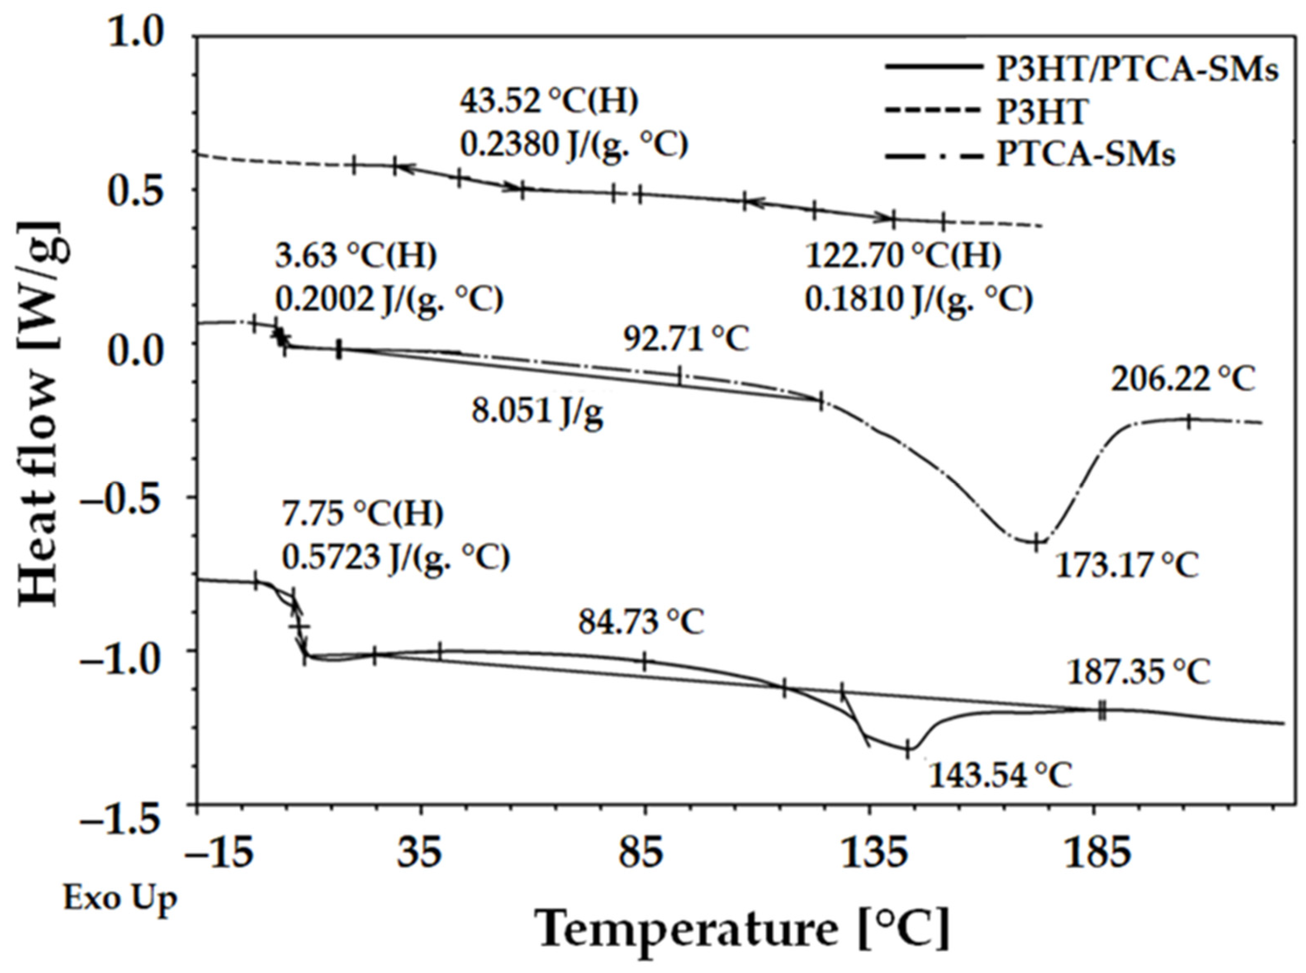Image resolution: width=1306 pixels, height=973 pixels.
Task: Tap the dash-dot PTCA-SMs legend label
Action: [x=1085, y=155]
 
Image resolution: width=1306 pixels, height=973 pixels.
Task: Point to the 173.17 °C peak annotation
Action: [x=1126, y=566]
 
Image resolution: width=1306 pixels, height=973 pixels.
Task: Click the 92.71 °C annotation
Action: [x=686, y=339]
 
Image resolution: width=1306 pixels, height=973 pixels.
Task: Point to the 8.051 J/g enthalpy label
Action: [x=538, y=413]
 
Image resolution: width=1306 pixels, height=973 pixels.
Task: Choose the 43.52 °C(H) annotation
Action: [x=549, y=102]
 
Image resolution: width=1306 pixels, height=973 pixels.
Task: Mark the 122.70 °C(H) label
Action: [x=903, y=257]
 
